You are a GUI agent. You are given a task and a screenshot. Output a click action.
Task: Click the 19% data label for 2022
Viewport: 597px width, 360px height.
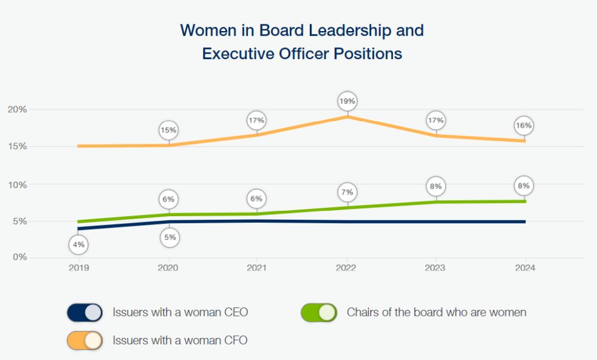[x=347, y=101]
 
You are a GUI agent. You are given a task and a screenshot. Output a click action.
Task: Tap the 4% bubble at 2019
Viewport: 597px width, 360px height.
[x=79, y=244]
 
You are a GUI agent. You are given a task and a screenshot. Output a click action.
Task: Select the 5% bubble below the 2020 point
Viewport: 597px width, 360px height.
[x=170, y=238]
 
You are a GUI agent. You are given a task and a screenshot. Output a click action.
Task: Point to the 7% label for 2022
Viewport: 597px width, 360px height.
[x=347, y=192]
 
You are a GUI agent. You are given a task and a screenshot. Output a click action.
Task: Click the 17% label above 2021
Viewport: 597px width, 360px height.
[x=257, y=121]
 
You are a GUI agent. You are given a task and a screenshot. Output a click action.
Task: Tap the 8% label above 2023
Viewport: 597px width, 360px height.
[x=436, y=186]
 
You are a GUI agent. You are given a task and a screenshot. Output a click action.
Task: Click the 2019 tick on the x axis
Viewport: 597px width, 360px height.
[x=79, y=268]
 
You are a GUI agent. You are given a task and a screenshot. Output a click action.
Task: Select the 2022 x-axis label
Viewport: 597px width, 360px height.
[x=346, y=268]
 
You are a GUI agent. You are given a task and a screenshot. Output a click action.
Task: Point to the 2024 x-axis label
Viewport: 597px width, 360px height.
[x=525, y=268]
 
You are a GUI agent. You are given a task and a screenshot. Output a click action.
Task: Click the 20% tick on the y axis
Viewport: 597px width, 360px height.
[x=17, y=109]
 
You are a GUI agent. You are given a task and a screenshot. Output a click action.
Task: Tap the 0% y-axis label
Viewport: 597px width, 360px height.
[x=20, y=257]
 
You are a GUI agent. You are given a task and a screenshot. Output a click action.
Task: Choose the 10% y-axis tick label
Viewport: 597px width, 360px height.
[x=17, y=184]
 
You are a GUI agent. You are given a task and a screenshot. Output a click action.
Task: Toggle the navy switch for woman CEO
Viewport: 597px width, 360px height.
[x=85, y=312]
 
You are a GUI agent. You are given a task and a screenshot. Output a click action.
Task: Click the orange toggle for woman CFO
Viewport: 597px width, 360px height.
[x=85, y=340]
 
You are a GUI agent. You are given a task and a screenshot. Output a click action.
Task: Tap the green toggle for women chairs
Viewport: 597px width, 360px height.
[x=319, y=312]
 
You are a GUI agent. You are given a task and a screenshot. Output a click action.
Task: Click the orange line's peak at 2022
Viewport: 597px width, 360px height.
[x=347, y=117]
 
